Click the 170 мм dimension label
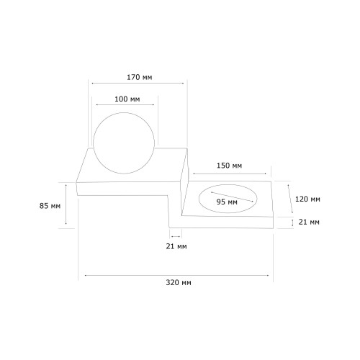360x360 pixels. point(140,77)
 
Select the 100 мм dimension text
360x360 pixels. point(127,99)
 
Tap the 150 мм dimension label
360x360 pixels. point(229,166)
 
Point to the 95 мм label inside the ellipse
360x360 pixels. point(227,202)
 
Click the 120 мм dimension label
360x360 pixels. point(307,199)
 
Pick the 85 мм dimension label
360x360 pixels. point(50,206)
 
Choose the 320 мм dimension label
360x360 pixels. point(179,282)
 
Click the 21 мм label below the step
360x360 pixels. point(176,246)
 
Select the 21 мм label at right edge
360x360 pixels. point(309,222)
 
